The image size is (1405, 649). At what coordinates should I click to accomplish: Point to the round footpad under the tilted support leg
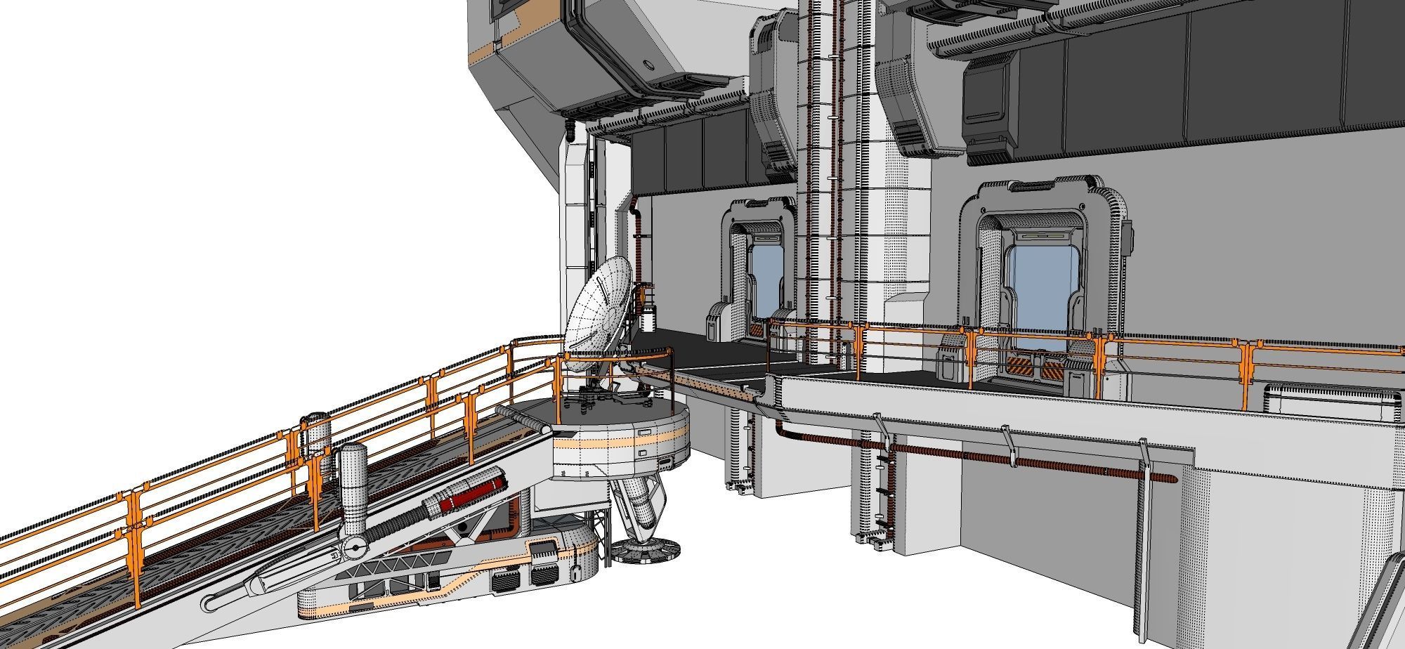644,550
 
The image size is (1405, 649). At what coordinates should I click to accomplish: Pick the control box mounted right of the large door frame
1126,237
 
